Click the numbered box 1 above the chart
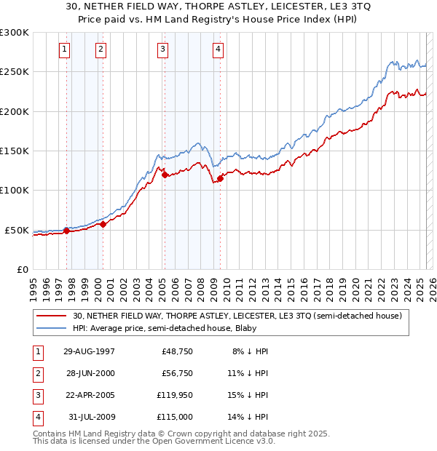[65, 49]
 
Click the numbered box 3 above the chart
[162, 49]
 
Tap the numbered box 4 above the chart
[218, 49]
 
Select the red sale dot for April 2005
[165, 175]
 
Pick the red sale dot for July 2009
[220, 178]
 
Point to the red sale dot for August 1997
[66, 231]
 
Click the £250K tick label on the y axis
[15, 72]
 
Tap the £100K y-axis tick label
[15, 191]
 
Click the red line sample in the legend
[51, 316]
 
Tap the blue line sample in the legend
[51, 328]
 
